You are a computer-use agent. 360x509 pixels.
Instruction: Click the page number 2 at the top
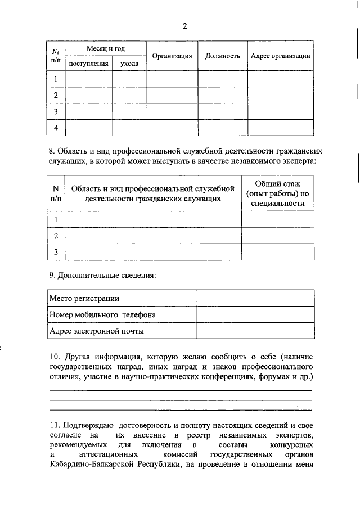pyautogui.click(x=184, y=26)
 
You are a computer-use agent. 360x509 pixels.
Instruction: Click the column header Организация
pyautogui.click(x=172, y=56)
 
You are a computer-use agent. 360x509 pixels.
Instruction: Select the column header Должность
pyautogui.click(x=223, y=56)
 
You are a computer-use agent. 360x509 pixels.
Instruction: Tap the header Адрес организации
pyautogui.click(x=280, y=56)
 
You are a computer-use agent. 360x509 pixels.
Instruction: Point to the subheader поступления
pyautogui.click(x=88, y=64)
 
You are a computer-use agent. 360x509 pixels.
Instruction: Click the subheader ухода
pyautogui.click(x=129, y=64)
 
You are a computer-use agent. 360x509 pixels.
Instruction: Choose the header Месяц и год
pyautogui.click(x=106, y=49)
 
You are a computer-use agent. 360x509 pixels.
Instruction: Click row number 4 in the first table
pyautogui.click(x=56, y=128)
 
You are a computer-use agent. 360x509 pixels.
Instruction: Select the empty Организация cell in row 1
pyautogui.click(x=172, y=79)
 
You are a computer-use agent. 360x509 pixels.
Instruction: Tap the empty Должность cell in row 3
pyautogui.click(x=223, y=112)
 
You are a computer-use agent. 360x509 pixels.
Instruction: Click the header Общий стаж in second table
pyautogui.click(x=278, y=183)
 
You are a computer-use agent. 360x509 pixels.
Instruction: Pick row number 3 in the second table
pyautogui.click(x=56, y=253)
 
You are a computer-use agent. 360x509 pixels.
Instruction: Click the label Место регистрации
pyautogui.click(x=84, y=299)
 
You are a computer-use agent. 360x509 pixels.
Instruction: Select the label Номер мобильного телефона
pyautogui.click(x=102, y=315)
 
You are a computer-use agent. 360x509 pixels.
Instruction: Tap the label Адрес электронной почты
pyautogui.click(x=97, y=331)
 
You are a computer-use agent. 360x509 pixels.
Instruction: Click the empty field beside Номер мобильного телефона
pyautogui.click(x=254, y=315)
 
